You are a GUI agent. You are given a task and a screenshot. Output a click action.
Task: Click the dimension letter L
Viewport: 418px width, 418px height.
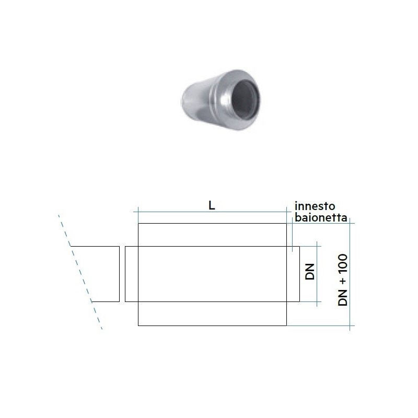click(212, 205)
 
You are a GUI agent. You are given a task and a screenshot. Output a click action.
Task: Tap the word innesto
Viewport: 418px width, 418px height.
click(315, 206)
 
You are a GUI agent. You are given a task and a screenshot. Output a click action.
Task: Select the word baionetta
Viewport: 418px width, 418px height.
click(321, 218)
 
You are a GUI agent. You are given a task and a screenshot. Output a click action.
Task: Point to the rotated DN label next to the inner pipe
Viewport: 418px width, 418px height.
click(310, 272)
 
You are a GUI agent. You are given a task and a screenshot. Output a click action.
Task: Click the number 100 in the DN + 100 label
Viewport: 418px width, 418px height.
click(343, 263)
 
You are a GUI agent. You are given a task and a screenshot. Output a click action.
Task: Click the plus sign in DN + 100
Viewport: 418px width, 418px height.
click(343, 281)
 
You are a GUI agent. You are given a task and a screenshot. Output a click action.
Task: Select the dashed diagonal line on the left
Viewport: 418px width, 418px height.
click(80, 272)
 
